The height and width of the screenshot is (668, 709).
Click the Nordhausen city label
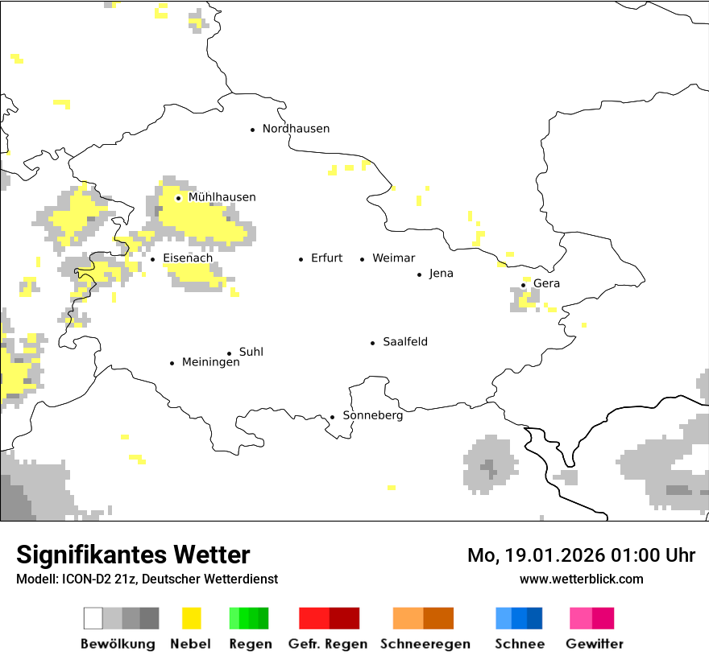click(296, 129)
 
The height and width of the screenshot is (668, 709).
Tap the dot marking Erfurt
click(301, 259)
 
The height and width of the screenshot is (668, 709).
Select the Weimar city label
click(393, 258)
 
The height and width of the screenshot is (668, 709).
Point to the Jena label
click(441, 274)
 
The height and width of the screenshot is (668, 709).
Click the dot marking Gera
click(523, 284)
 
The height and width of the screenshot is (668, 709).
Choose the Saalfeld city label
click(404, 342)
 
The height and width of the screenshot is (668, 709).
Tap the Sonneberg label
click(372, 416)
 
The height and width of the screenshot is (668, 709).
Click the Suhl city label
click(251, 353)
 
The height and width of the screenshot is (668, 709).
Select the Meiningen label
click(210, 363)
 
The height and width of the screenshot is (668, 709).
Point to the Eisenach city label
click(188, 258)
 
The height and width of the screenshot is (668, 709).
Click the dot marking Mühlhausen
click(178, 198)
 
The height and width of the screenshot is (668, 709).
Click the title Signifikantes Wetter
click(133, 555)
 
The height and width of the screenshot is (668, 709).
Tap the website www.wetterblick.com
click(581, 579)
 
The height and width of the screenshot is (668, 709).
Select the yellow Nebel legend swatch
click(191, 618)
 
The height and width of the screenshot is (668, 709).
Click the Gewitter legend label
click(594, 644)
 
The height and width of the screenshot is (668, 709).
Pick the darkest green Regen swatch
click(263, 618)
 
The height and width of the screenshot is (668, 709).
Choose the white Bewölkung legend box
click(93, 618)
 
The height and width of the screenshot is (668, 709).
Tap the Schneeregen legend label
click(425, 644)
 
